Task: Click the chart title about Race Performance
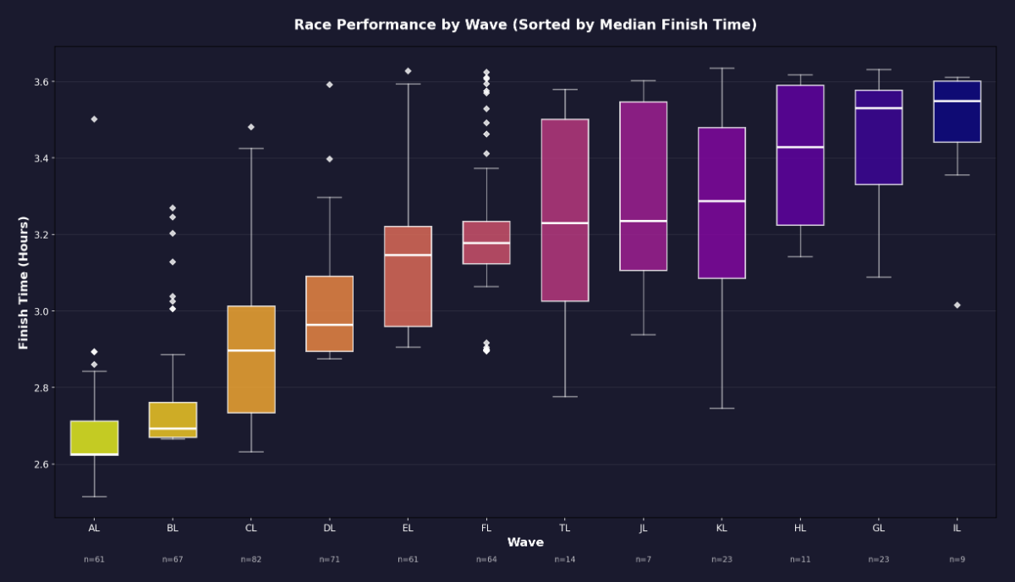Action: (525, 25)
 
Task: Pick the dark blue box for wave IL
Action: (957, 112)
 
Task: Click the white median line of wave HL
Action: (800, 147)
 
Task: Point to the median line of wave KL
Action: (721, 201)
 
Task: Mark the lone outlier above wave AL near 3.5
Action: (94, 119)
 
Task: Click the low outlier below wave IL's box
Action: (957, 305)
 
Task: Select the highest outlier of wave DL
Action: (329, 85)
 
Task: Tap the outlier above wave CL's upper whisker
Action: (251, 127)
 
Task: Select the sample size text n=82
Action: (251, 559)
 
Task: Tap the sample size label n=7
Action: (643, 559)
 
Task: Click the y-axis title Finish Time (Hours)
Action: (24, 283)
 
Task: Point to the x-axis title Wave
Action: (525, 542)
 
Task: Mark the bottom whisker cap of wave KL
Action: (721, 409)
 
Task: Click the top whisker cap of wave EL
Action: (408, 85)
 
